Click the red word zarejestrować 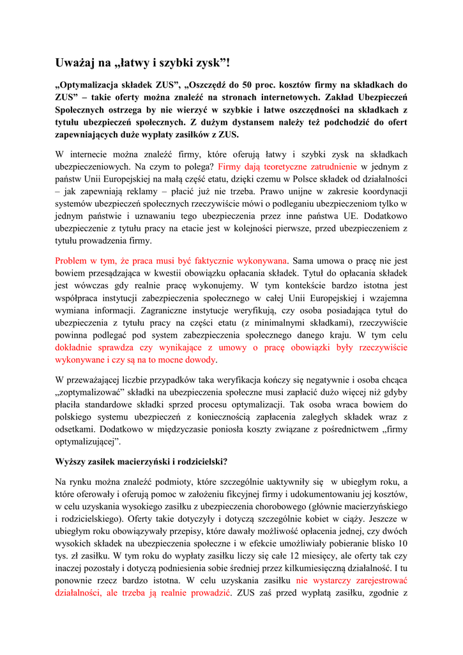tap(377, 580)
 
